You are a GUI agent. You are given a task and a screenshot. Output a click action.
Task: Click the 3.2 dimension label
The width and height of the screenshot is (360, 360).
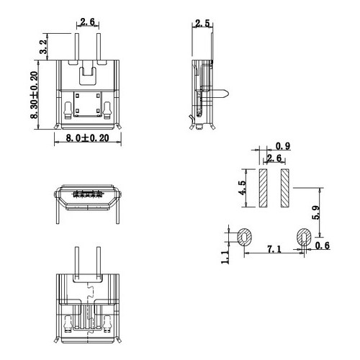[x=43, y=47]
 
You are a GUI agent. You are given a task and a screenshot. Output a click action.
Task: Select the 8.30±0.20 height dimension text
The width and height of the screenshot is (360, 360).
[x=34, y=95]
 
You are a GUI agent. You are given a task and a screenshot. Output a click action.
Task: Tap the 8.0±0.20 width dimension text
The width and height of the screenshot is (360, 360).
[x=87, y=138]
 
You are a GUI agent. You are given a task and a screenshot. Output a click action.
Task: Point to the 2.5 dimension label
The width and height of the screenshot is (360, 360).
[x=202, y=24]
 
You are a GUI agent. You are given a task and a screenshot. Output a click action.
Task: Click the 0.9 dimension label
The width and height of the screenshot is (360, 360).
[x=283, y=146]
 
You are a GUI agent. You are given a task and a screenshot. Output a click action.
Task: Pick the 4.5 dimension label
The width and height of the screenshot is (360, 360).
[x=242, y=187]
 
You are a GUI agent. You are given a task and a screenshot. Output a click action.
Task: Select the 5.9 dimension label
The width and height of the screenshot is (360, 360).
[x=315, y=212]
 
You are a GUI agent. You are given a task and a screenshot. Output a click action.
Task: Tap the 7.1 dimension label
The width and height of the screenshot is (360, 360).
[x=274, y=249]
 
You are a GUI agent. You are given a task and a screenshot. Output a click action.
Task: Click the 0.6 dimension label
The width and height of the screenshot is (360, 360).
[x=323, y=246]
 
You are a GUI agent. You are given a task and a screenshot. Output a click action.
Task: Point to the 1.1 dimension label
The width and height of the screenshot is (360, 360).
[x=225, y=257]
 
